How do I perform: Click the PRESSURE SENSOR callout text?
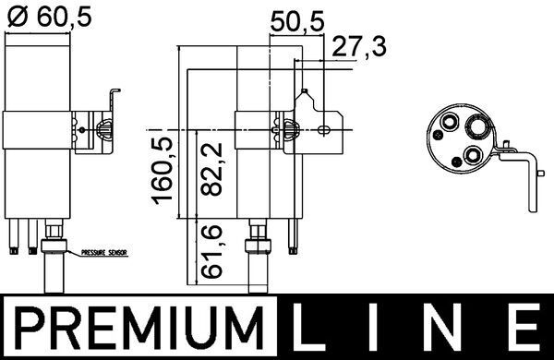(x=104, y=251)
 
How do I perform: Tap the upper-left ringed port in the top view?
(x=450, y=122)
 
